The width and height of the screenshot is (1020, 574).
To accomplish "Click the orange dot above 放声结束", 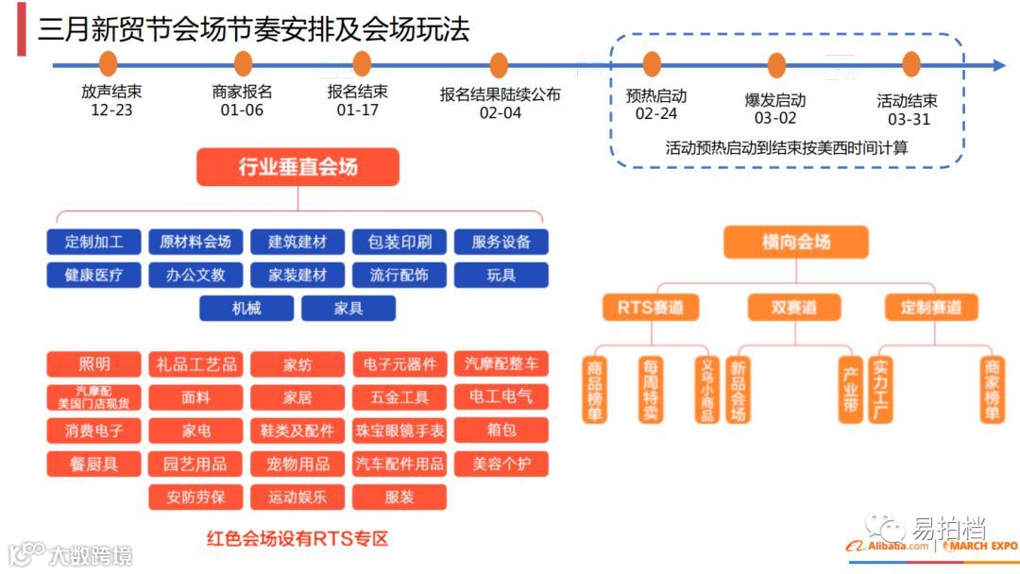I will pos(108,64).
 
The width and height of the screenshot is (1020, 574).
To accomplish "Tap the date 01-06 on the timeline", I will pos(242,110).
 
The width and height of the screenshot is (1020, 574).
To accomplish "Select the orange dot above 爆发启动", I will pos(776,65).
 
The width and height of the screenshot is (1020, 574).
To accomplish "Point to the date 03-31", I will pos(909,119).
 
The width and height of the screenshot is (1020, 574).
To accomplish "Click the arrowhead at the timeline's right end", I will pos(998,65).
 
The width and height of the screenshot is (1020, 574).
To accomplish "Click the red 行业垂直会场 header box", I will pos(297,167).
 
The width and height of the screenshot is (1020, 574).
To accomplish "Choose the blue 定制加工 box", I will pos(93,242).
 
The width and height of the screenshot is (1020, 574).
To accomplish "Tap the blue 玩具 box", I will pos(501,276).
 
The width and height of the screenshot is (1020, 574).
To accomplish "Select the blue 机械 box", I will pos(246,308).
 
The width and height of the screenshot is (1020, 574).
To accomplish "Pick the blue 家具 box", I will pos(348,308).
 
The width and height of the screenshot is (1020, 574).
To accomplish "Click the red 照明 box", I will pos(93,363).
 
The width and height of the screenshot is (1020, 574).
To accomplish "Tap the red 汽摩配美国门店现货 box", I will pos(93,397).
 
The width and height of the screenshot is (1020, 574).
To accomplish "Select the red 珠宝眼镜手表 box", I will pos(399,430).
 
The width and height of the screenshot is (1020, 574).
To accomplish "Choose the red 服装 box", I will pos(399,497).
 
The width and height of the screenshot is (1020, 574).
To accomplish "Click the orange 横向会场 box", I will pos(795,242).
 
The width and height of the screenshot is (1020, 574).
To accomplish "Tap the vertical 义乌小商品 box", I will pos(705,389).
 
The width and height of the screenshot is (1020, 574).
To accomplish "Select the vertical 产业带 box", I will pos(851,389).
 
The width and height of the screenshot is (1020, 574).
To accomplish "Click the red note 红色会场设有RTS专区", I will pos(297,539).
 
